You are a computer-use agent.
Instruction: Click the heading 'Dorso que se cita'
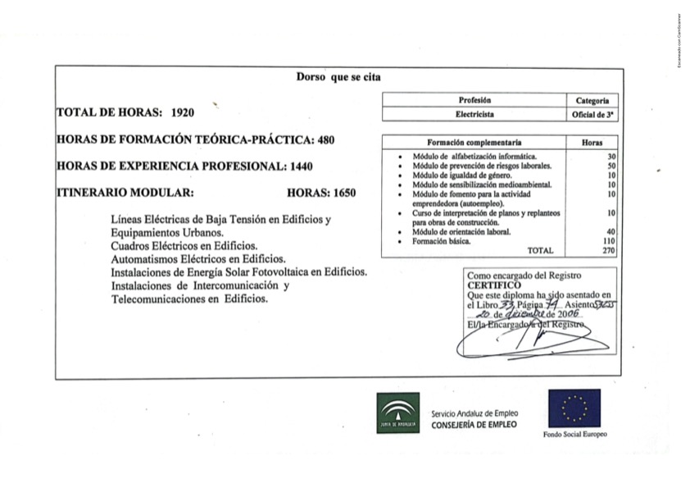click(x=338, y=77)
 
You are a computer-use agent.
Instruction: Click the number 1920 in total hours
click(x=183, y=112)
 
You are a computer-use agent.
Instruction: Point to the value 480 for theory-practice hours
click(x=325, y=139)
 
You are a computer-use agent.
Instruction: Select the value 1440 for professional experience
click(x=301, y=166)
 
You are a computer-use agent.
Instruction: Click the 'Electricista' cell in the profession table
click(x=474, y=115)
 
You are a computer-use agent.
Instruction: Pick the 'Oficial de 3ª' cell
click(x=592, y=115)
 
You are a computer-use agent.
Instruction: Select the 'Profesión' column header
click(x=474, y=100)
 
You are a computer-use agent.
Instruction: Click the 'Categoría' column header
click(x=592, y=100)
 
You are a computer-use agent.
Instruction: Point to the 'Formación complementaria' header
click(x=474, y=142)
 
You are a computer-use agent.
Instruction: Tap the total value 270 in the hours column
click(x=608, y=250)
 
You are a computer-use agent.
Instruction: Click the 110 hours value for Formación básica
click(x=608, y=241)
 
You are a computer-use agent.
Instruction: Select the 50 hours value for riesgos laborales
click(x=611, y=166)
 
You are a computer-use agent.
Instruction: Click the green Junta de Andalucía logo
click(x=398, y=413)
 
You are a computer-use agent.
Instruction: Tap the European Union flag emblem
click(x=574, y=408)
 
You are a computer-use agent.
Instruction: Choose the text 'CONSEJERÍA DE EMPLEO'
click(x=474, y=425)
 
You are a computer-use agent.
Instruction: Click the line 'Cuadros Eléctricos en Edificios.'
click(x=184, y=245)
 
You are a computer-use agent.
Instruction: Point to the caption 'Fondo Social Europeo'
click(x=574, y=435)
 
